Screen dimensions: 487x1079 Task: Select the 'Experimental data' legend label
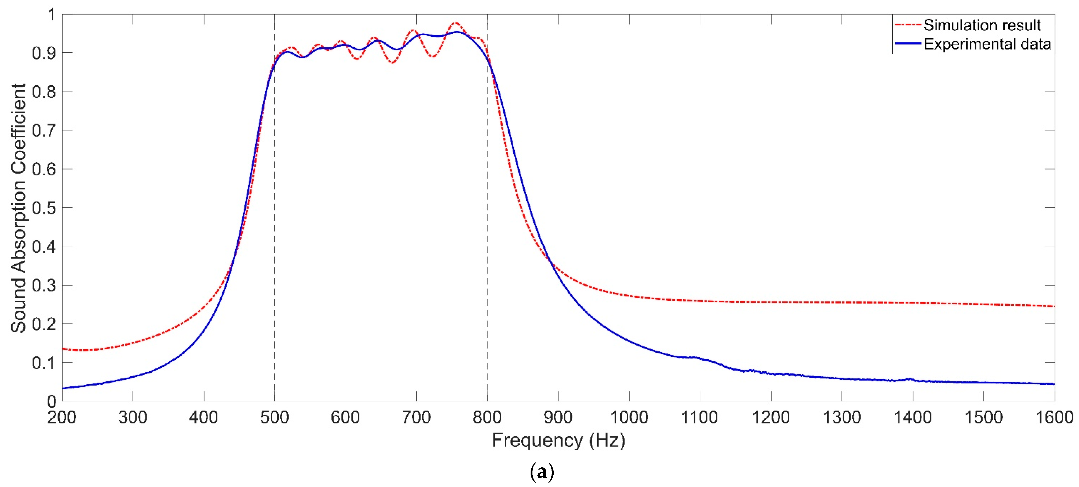point(987,44)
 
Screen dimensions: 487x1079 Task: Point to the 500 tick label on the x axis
point(274,417)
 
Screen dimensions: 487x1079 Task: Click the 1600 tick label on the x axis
point(1054,417)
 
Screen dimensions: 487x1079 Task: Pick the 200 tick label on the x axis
point(62,417)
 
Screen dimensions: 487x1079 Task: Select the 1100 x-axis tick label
point(700,417)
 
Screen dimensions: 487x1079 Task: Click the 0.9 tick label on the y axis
point(43,53)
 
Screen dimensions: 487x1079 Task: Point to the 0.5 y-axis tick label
point(43,208)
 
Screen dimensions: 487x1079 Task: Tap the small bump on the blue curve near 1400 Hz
point(909,379)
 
